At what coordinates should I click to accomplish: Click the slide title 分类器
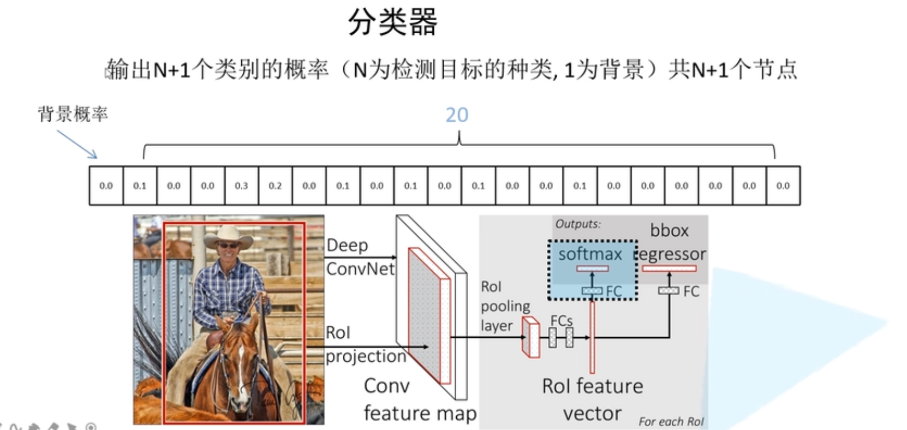(392, 22)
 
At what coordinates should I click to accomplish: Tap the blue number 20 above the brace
(457, 115)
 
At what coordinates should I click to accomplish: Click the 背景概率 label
(73, 114)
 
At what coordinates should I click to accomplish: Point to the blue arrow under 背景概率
(77, 145)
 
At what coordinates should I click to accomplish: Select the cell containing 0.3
(241, 186)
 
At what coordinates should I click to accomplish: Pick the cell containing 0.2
(275, 186)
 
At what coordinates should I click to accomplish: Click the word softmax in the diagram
(590, 254)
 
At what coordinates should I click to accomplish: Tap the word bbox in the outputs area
(669, 230)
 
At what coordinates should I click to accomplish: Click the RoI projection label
(365, 344)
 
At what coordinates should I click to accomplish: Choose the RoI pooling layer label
(504, 306)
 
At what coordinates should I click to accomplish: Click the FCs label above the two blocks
(561, 320)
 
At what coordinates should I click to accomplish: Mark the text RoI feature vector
(592, 399)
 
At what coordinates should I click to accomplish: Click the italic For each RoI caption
(671, 421)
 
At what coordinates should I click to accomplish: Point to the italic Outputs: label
(577, 224)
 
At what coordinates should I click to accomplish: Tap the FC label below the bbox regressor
(691, 291)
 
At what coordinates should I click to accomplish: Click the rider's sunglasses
(228, 246)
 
